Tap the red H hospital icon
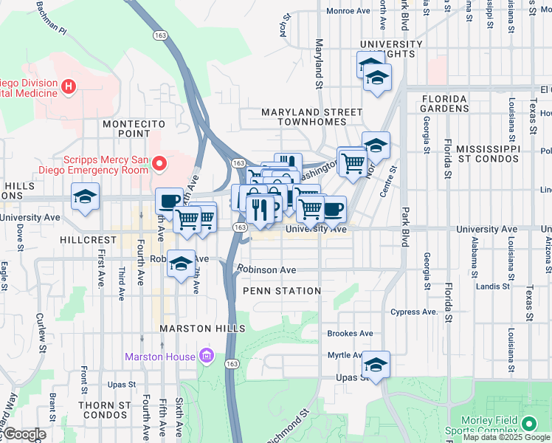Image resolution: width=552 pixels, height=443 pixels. point(69,87)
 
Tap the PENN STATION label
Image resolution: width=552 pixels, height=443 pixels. point(282,291)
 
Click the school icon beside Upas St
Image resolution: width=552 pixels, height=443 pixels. point(376,365)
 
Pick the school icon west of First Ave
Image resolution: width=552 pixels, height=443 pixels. point(85,197)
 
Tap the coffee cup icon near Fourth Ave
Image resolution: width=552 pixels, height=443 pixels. point(169,201)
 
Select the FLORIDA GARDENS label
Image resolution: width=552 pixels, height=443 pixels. point(444,103)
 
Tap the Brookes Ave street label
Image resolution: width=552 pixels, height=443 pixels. point(350,334)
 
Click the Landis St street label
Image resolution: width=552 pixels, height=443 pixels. point(494,286)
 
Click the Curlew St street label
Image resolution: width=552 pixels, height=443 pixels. point(39,332)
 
